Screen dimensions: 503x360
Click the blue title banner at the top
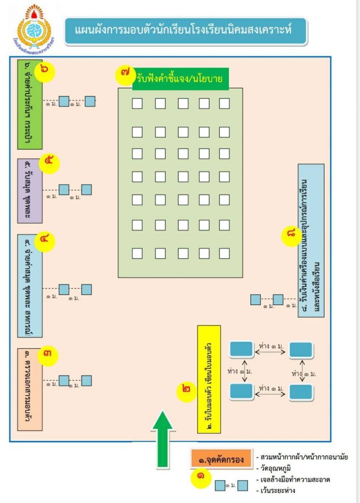(x=186, y=31)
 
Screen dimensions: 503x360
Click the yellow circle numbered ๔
(x=45, y=241)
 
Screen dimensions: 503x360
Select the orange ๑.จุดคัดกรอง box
(x=221, y=459)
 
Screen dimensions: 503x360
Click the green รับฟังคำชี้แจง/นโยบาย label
(x=180, y=79)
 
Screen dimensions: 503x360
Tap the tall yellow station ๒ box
(x=209, y=379)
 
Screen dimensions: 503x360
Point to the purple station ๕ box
(x=30, y=191)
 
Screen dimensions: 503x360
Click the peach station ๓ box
(x=30, y=389)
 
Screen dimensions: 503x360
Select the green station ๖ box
(x=30, y=104)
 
